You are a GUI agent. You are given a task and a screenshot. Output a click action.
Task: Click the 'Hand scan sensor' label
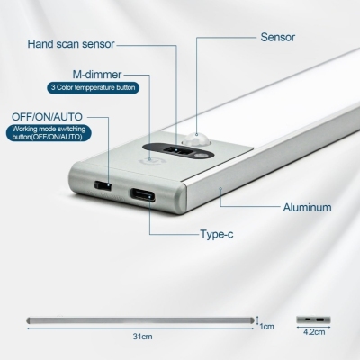click(x=71, y=44)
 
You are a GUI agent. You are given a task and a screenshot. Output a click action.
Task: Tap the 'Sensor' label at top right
click(x=278, y=37)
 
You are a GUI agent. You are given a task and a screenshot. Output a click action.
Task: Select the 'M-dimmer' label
click(x=97, y=75)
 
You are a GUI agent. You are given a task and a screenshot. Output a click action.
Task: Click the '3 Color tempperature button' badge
click(x=93, y=88)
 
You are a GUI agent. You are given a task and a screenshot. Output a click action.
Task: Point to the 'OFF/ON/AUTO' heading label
click(x=47, y=117)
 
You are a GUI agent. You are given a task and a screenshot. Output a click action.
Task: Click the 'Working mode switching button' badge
click(x=49, y=133)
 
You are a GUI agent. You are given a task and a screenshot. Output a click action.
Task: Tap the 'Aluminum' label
click(x=307, y=208)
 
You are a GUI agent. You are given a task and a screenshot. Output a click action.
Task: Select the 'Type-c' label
click(x=217, y=234)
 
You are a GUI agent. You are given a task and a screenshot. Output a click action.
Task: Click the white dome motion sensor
click(x=195, y=139)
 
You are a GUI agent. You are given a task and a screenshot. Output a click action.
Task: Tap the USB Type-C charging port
click(x=143, y=194)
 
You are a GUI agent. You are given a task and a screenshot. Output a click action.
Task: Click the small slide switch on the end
click(x=103, y=185)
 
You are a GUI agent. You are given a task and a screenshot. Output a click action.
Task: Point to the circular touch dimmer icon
click(x=153, y=161)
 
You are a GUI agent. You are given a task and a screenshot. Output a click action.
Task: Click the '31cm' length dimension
click(x=142, y=337)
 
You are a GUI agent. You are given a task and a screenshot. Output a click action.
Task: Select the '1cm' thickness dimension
click(x=266, y=326)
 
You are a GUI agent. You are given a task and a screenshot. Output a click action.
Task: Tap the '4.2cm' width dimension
click(x=314, y=332)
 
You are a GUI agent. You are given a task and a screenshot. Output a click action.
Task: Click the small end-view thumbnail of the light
click(x=313, y=319)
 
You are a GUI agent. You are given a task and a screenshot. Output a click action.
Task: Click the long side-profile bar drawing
click(x=140, y=320)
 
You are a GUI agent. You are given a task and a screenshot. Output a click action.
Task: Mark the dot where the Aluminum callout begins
click(x=220, y=189)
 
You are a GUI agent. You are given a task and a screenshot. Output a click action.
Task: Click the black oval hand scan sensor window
click(x=178, y=151)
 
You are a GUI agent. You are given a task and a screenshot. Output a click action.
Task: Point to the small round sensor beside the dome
click(x=202, y=156)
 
